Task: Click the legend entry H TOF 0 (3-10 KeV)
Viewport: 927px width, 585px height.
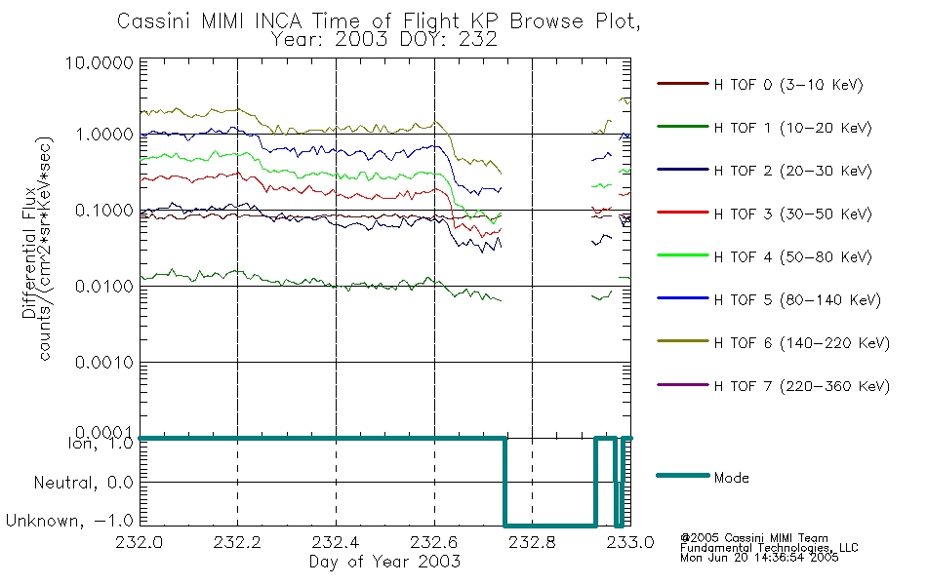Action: (x=789, y=85)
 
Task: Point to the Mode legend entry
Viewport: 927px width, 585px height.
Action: (x=731, y=478)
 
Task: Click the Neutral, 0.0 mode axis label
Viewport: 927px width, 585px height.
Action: (x=84, y=482)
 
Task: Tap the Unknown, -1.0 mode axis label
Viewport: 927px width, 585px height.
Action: (x=71, y=522)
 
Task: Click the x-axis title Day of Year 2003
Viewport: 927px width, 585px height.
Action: (x=384, y=562)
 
